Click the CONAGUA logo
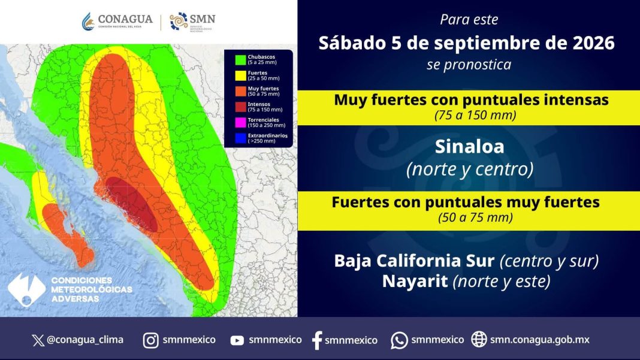(117, 21)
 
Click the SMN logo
(192, 22)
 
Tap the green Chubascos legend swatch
(240, 59)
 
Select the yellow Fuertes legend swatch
(240, 75)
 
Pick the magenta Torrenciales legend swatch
(240, 122)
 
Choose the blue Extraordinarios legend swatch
(240, 138)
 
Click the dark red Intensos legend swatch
(240, 107)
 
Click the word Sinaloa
(469, 147)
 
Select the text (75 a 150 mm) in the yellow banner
(475, 115)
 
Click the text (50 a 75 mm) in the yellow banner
(476, 217)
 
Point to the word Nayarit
(415, 281)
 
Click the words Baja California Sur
(414, 261)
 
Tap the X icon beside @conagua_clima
(38, 340)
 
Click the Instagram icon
(150, 340)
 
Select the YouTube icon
(237, 340)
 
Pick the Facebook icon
(317, 340)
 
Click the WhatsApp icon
(399, 340)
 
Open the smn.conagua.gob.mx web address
(539, 340)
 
